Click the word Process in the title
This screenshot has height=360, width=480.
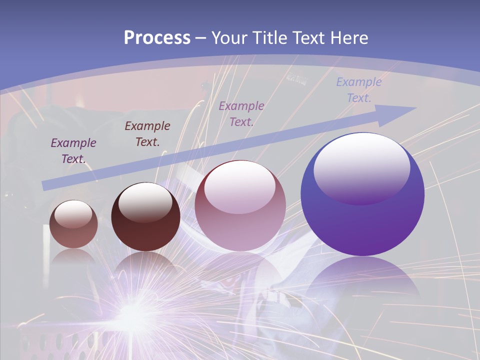(x=157, y=37)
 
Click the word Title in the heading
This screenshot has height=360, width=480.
(x=270, y=38)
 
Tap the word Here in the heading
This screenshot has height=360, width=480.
(x=350, y=38)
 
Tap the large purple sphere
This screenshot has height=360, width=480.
(x=362, y=200)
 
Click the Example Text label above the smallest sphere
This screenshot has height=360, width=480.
(x=73, y=150)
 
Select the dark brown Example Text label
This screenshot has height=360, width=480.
(x=147, y=133)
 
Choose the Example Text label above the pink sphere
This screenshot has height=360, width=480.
(x=241, y=113)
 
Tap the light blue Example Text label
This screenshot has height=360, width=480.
(x=359, y=89)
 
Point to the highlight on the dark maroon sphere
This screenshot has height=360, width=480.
(x=145, y=202)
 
